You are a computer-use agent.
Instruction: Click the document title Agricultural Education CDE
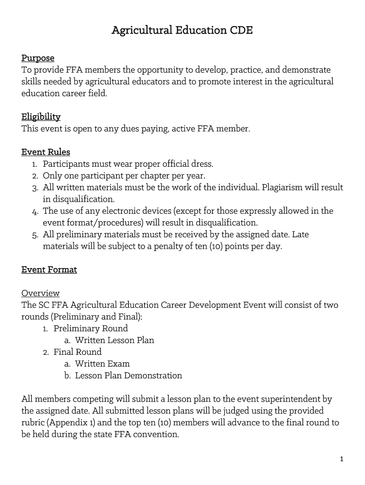182,31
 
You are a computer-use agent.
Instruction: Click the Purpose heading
38,58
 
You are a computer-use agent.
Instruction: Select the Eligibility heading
41,117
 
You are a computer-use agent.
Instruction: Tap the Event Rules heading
46,152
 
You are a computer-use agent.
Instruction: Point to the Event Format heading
49,269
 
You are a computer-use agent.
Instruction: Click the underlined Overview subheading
40,293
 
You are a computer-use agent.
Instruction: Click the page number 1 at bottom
341,459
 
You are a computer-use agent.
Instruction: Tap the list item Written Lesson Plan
114,340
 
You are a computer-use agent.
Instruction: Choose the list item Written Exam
102,364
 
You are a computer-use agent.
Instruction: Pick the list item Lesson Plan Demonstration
128,376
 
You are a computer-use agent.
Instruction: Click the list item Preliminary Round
91,328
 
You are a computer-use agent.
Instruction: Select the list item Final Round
77,352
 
